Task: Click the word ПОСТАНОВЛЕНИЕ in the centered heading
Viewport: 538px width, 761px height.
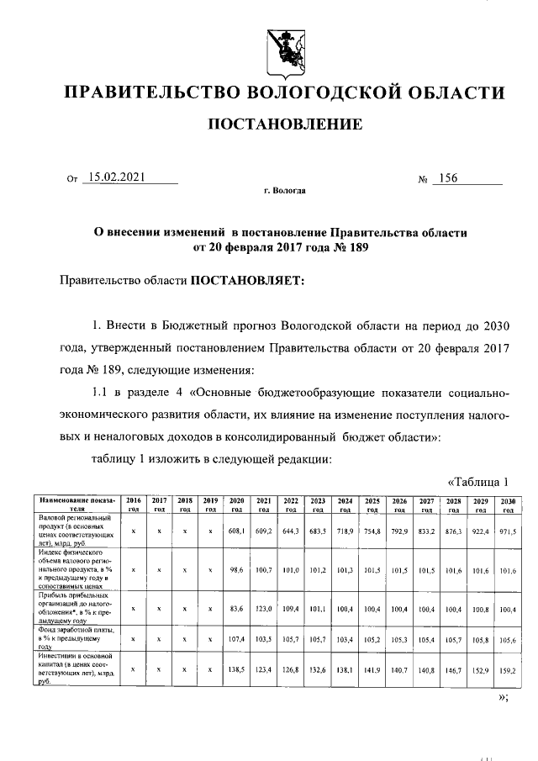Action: point(286,125)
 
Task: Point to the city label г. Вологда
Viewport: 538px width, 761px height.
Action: point(285,192)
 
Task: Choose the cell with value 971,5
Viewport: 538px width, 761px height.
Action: point(506,532)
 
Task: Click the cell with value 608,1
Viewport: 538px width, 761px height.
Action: point(237,532)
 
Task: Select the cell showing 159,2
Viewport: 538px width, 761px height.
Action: point(506,670)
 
